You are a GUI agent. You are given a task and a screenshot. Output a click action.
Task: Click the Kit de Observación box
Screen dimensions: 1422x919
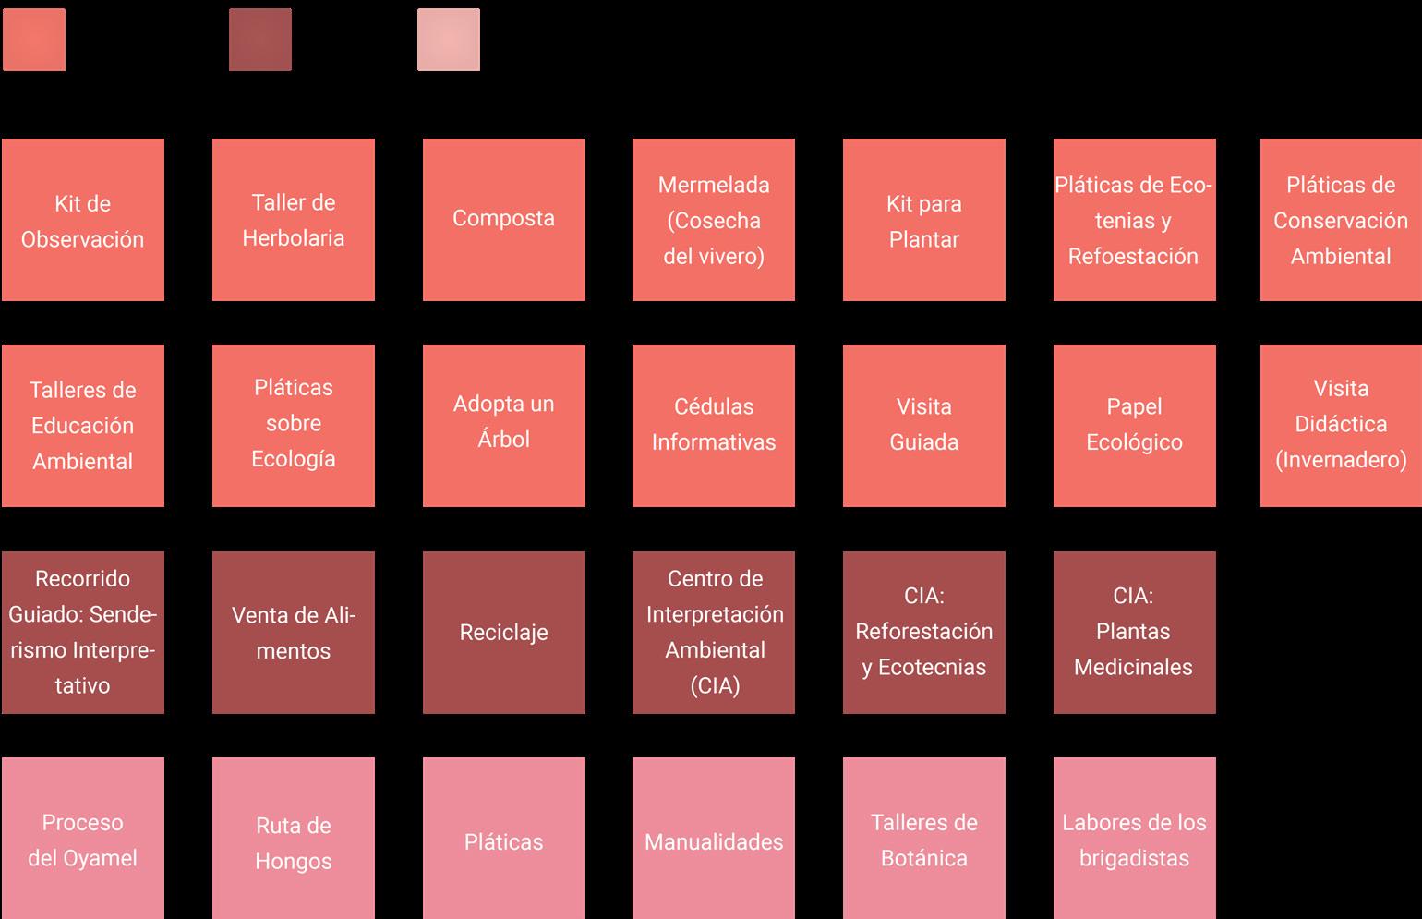(83, 220)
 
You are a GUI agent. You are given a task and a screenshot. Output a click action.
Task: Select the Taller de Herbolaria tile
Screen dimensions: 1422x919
(294, 220)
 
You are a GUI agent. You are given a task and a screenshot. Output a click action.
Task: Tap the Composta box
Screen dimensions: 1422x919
(504, 220)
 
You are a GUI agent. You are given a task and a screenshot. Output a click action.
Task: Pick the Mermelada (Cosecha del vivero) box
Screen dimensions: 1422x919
(714, 220)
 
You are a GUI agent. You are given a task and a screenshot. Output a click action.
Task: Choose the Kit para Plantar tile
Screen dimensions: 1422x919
(924, 220)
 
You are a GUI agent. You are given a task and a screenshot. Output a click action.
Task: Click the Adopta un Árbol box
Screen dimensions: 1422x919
(504, 426)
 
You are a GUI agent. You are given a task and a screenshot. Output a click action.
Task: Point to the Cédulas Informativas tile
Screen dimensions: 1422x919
(714, 426)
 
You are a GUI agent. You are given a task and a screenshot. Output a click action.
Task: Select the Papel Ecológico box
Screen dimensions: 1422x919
(1135, 426)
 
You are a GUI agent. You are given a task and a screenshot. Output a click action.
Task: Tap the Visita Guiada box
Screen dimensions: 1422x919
(924, 426)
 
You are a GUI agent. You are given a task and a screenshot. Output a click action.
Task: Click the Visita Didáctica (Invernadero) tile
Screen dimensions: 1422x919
(1341, 426)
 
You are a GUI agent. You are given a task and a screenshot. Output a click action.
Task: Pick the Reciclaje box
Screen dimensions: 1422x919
(504, 633)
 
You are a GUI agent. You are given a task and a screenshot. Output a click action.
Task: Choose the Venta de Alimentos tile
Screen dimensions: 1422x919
(294, 633)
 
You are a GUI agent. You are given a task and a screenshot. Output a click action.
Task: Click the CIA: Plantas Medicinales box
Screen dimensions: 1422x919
(1135, 633)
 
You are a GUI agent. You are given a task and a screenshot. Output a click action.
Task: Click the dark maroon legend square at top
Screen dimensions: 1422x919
(260, 40)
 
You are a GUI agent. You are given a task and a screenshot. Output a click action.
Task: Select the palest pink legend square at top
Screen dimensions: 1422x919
(449, 40)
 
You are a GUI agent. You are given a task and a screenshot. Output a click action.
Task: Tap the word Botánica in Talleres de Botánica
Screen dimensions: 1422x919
(924, 858)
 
